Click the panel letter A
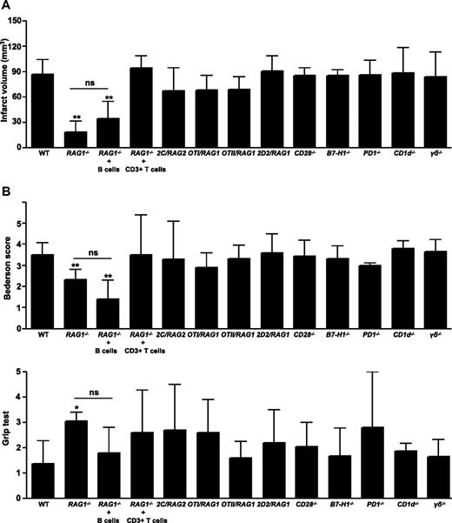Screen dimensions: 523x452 pos(6,6)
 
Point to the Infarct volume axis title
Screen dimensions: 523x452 pos(9,84)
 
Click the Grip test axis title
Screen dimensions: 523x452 pos(9,433)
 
